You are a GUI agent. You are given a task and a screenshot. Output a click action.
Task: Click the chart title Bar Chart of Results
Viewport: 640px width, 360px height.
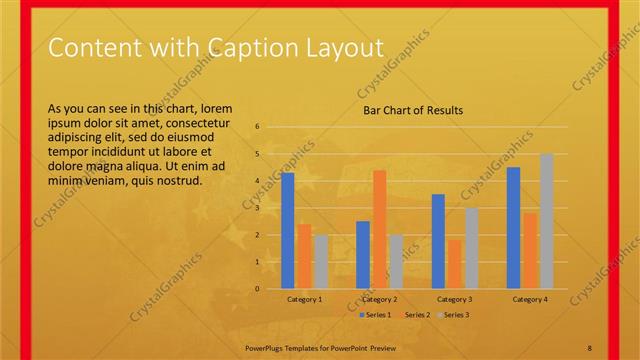pos(412,110)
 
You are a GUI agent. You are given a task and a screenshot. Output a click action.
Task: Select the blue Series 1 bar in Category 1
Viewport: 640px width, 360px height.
pos(288,231)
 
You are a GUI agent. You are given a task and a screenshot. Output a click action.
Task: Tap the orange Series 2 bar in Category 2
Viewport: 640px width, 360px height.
pos(379,229)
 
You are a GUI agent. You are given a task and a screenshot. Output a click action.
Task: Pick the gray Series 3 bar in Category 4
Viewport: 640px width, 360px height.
pos(546,221)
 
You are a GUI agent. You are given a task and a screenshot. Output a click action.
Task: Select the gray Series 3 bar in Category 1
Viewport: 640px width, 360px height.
pos(320,262)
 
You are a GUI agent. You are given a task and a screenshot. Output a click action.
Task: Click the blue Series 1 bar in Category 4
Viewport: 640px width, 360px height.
pos(513,228)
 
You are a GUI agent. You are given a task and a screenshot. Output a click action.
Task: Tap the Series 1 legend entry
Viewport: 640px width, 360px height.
pos(375,315)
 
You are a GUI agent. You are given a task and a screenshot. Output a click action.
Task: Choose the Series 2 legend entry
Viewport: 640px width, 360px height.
pos(414,315)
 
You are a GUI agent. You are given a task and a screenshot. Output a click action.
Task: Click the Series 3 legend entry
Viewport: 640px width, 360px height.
pos(452,315)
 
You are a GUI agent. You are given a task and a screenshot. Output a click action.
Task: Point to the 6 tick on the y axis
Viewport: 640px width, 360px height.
pos(257,127)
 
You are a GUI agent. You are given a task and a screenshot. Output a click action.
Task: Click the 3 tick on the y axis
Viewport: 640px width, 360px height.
pos(257,208)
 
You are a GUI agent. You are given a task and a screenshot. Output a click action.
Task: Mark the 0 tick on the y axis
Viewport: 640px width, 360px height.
pos(257,289)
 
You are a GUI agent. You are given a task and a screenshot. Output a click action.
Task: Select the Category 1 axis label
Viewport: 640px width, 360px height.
pos(304,299)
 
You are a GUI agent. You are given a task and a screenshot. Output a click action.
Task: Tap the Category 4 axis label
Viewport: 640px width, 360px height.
pos(529,299)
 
